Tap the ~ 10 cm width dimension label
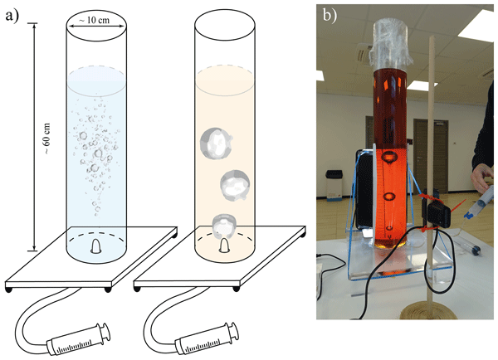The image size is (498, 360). click(x=92, y=17)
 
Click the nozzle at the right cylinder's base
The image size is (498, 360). click(x=223, y=246)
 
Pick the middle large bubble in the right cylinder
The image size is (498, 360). click(x=237, y=183)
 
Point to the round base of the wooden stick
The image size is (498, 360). click(x=427, y=312)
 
